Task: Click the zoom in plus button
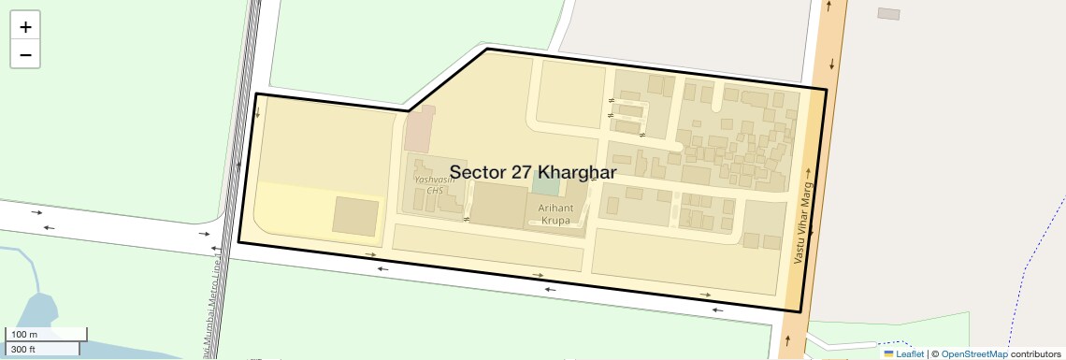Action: pyautogui.click(x=25, y=27)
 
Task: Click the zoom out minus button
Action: pyautogui.click(x=25, y=55)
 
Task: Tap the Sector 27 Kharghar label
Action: pyautogui.click(x=532, y=173)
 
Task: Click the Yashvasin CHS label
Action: pyautogui.click(x=433, y=183)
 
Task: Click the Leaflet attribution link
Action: pyautogui.click(x=910, y=354)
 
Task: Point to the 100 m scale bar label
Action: pyautogui.click(x=24, y=335)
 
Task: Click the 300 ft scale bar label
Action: pyautogui.click(x=23, y=350)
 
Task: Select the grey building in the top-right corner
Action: pyautogui.click(x=888, y=13)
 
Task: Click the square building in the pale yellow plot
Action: pyautogui.click(x=356, y=216)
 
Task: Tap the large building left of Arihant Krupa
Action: pyautogui.click(x=497, y=205)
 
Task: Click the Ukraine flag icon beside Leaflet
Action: pyautogui.click(x=888, y=354)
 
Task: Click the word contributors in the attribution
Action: pyautogui.click(x=1036, y=354)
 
